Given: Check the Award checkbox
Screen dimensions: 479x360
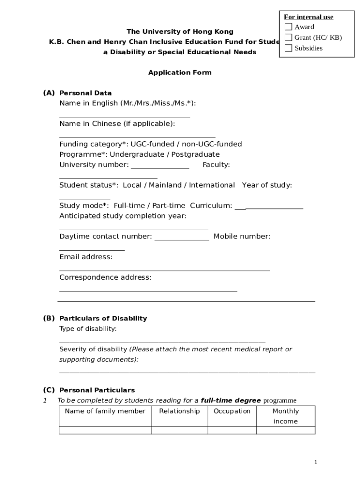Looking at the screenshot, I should click(288, 27).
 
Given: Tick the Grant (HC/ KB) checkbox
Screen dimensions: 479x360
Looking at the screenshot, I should click(288, 37).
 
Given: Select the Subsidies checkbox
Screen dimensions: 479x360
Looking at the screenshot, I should click(288, 48).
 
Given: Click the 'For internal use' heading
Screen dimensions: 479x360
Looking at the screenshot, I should click(309, 17).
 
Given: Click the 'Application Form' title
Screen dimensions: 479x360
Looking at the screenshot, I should click(180, 73).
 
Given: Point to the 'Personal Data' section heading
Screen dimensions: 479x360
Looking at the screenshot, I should click(86, 93).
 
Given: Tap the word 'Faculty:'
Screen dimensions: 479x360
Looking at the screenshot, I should click(216, 165).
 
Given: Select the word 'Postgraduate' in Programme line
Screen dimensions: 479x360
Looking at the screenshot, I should click(195, 154).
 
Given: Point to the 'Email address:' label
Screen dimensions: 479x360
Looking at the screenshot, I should click(86, 257).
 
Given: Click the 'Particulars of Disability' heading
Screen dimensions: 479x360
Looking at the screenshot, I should click(103, 319).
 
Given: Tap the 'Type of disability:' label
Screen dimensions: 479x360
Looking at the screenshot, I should click(88, 329).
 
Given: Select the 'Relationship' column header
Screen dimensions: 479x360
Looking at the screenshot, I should click(180, 411).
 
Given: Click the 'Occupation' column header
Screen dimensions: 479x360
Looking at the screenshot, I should click(232, 411).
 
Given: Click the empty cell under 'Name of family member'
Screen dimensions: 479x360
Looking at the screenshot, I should click(105, 430).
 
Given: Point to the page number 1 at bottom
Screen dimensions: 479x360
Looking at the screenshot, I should click(316, 462).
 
